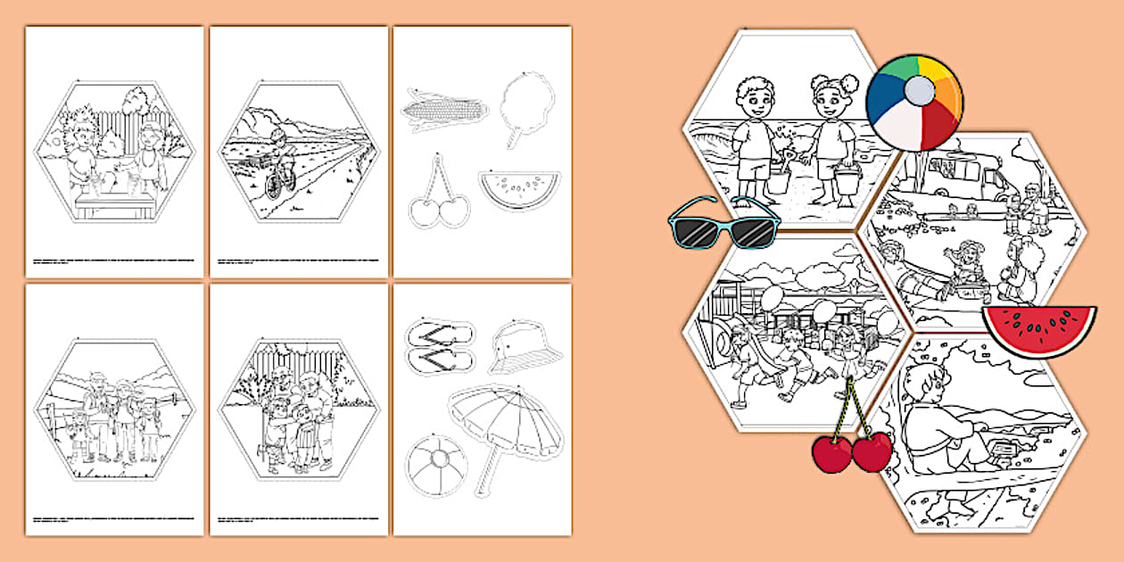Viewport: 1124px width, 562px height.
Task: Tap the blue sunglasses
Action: point(723,223)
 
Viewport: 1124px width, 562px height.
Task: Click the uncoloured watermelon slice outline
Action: point(518,187)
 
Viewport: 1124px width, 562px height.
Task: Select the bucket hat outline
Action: point(526,344)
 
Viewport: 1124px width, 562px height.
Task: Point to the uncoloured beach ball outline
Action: point(434,465)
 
